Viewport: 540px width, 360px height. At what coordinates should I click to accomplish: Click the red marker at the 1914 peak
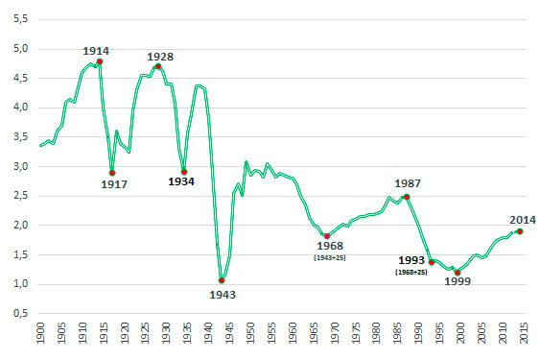(x=100, y=61)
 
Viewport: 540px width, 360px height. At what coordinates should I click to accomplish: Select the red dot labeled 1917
(x=112, y=173)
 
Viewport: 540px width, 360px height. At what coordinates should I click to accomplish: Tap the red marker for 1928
(x=158, y=66)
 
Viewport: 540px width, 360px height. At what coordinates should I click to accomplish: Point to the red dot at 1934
(x=184, y=172)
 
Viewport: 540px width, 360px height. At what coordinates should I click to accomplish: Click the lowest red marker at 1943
(x=222, y=280)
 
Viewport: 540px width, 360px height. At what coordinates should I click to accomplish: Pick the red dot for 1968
(x=327, y=236)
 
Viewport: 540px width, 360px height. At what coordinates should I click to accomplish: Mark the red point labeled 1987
(x=407, y=197)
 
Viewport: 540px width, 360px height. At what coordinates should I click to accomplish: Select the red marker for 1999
(x=458, y=273)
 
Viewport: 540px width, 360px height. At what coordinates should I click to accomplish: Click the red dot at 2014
(x=520, y=231)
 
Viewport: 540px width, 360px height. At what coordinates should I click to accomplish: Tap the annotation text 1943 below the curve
(x=222, y=295)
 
